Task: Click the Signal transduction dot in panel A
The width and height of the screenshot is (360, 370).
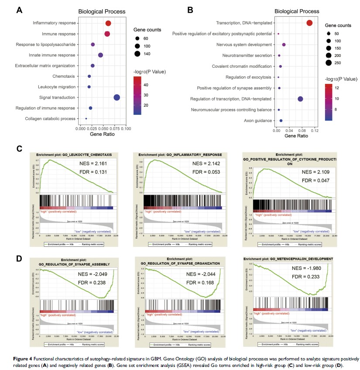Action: [117, 97]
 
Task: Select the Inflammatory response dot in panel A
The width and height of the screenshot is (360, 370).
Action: [108, 24]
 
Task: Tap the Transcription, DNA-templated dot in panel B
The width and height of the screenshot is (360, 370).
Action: [309, 23]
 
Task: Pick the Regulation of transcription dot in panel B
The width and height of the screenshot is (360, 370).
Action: [300, 99]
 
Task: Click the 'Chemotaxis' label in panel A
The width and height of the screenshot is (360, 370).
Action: [67, 76]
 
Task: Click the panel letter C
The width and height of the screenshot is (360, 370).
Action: [19, 149]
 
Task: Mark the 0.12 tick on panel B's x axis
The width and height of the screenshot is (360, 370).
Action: [314, 131]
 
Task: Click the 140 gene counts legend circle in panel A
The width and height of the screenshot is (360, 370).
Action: [137, 54]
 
